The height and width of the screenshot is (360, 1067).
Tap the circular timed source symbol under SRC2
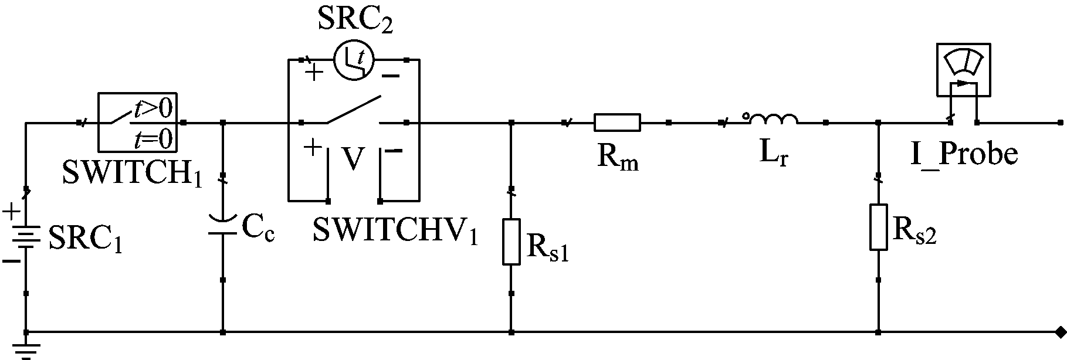(x=354, y=60)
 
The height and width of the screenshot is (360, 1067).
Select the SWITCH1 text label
(x=131, y=174)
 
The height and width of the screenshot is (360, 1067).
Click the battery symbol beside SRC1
(x=26, y=237)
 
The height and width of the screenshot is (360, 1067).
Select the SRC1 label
(x=86, y=239)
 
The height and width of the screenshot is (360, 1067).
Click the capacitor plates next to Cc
(x=223, y=225)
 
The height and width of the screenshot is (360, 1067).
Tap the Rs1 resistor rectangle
(x=512, y=242)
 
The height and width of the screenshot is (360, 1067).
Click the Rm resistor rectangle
(x=617, y=123)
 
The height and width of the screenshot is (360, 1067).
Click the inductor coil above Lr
(x=771, y=119)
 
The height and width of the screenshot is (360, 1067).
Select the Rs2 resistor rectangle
(x=878, y=227)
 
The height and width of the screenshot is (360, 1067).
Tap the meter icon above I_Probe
(x=963, y=70)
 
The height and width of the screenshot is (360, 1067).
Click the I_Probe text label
(x=964, y=154)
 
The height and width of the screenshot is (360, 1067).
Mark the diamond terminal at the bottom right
(x=1059, y=332)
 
